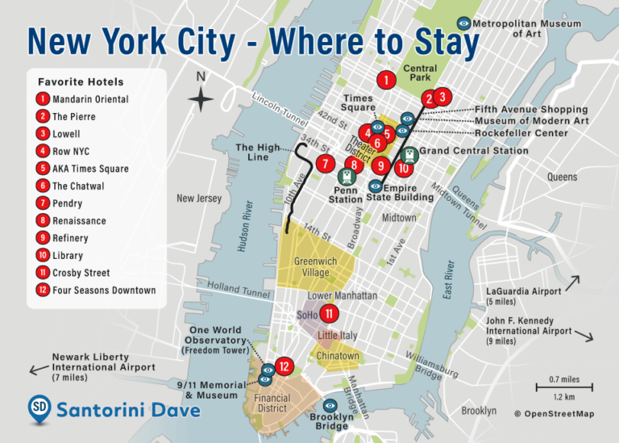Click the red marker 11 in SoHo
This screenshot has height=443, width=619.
pos(328,315)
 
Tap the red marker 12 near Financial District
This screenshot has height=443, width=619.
pos(283,366)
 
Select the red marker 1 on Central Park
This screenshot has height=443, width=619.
pos(387,80)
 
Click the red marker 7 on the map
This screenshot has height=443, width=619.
pos(325,165)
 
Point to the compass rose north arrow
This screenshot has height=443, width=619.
pos(201,100)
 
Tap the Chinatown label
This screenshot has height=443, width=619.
pos(338,356)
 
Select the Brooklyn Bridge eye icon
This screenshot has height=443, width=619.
pos(330,405)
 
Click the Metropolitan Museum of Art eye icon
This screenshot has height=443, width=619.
pos(463,24)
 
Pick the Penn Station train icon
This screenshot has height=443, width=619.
pos(347,176)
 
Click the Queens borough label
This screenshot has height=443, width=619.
pos(562,177)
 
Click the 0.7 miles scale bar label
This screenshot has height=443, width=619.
pos(563,379)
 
